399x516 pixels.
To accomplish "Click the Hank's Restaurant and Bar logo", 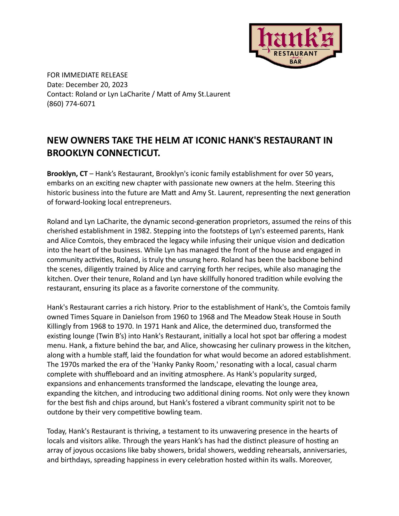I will tap(295, 45).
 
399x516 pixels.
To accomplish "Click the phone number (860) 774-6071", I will tap(71, 104).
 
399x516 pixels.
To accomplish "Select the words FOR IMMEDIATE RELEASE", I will tap(87, 75).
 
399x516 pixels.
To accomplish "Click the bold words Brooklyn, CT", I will tap(67, 174).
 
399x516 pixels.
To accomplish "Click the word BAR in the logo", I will tap(295, 62).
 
